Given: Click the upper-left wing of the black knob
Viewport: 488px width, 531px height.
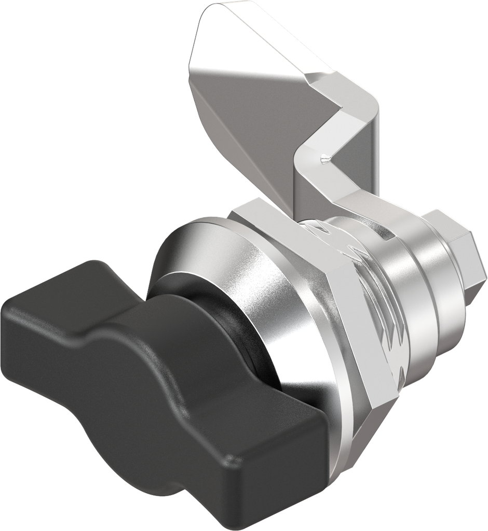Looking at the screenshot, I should [57, 306].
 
